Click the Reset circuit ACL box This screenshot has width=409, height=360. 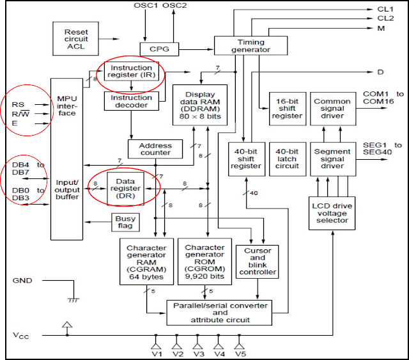pos(75,38)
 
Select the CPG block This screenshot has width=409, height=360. pos(159,49)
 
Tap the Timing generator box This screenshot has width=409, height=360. pos(251,45)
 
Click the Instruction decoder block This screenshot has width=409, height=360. pos(132,101)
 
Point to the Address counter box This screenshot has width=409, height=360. pos(155,149)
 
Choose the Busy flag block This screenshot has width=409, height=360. pos(125,223)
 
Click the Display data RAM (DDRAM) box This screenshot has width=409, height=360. pos(200,105)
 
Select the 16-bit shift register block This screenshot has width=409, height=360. pos(288,109)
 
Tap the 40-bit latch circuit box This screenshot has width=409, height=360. pos(288,159)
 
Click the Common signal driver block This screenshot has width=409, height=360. pos(333,109)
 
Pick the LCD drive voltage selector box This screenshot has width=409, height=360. pos(332,214)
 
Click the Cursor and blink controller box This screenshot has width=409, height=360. pos(257,262)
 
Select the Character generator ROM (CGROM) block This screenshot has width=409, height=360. pos(204,262)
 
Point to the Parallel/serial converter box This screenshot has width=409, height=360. pos(219,313)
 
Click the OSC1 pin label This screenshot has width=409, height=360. pos(146,6)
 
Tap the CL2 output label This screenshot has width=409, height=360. pos(385,19)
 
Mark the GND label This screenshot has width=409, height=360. pos(22,281)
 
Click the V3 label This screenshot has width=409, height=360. pos(199,354)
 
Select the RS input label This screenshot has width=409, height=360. pos(18,105)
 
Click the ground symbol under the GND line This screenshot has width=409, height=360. pos(73,301)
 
